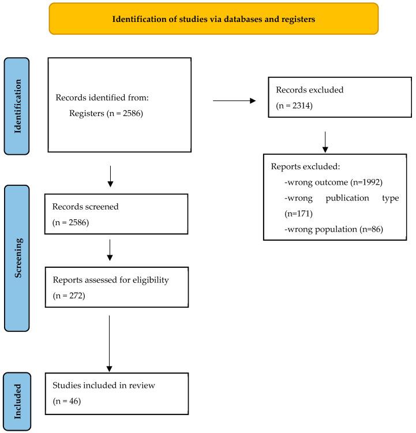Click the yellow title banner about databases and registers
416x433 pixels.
(213, 18)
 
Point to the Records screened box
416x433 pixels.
(117, 214)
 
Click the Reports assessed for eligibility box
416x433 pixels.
(117, 286)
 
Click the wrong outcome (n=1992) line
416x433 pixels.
(333, 182)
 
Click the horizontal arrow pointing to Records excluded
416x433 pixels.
(234, 100)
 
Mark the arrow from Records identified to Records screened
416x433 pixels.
(110, 176)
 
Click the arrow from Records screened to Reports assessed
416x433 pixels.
(110, 249)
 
